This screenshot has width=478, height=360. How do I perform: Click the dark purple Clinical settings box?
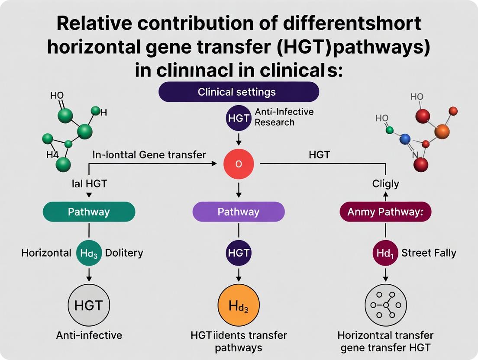(x=239, y=92)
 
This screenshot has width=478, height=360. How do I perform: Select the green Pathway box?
(x=89, y=212)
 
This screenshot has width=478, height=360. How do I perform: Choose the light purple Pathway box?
(x=239, y=212)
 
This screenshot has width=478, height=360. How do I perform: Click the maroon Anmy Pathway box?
(x=385, y=212)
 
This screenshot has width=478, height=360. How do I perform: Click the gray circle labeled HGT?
(x=88, y=305)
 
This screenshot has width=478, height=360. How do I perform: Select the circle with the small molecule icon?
(x=385, y=305)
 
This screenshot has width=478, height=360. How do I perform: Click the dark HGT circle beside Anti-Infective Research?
(x=238, y=118)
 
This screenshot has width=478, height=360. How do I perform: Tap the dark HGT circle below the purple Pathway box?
(x=238, y=253)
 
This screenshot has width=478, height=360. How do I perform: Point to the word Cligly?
(x=385, y=183)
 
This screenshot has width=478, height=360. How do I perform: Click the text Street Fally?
(x=429, y=253)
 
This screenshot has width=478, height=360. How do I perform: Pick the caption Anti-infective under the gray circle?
(x=89, y=335)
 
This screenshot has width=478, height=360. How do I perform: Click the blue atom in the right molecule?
(x=405, y=139)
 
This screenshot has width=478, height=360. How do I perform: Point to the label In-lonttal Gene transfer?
(x=149, y=154)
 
